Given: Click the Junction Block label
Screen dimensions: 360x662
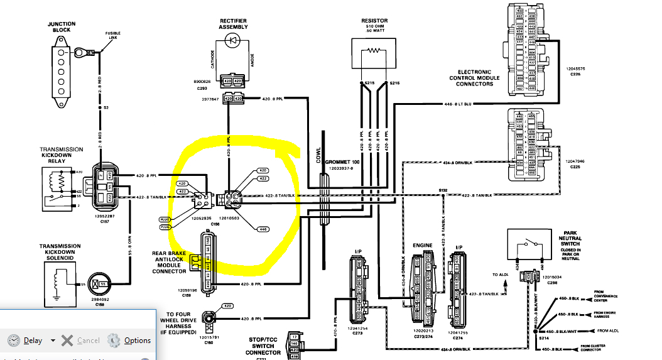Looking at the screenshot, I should coord(62,28).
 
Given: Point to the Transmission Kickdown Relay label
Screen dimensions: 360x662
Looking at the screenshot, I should coord(61,155).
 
